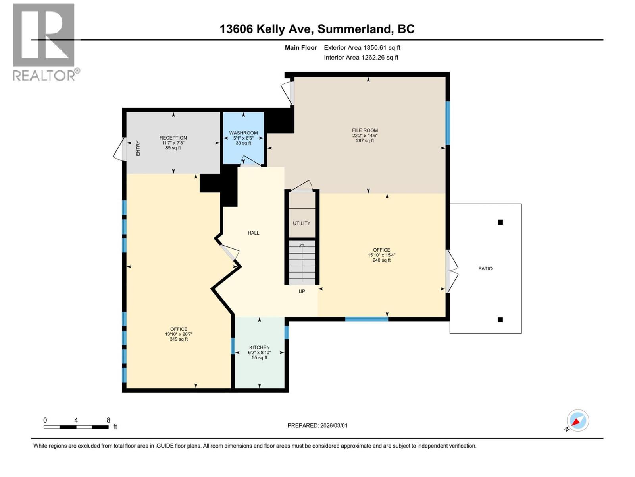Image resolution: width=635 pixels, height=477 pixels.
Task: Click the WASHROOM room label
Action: pos(243,133)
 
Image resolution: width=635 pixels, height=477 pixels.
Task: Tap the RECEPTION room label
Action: pos(173,138)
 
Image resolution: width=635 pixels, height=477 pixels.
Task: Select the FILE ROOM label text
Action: pos(365,130)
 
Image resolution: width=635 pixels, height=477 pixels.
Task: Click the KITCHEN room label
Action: pos(259,347)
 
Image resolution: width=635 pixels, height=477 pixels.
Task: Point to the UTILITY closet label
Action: pos(302,223)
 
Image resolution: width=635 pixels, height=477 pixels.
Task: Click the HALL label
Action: pos(253,233)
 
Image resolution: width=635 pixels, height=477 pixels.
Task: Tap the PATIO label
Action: pos(485,269)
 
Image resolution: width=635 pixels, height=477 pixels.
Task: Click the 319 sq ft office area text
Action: pos(179,339)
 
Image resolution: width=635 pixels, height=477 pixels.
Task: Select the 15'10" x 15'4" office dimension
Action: pos(381,255)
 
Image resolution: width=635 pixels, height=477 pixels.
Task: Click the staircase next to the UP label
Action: pos(302,262)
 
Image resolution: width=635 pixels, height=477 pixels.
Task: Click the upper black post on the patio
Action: pos(500,222)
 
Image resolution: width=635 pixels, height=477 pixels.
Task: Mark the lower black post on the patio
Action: pos(500,320)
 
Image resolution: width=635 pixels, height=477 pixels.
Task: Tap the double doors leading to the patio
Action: pos(452,271)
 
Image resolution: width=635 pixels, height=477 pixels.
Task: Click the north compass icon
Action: pos(577,421)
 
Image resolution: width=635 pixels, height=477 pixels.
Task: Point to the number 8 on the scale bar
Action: pos(108,420)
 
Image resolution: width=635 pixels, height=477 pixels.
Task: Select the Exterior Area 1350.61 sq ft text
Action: pos(362,48)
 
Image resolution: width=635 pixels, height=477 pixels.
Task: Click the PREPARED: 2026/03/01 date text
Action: pos(317,425)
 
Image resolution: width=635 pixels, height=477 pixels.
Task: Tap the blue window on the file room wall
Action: pos(447,123)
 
